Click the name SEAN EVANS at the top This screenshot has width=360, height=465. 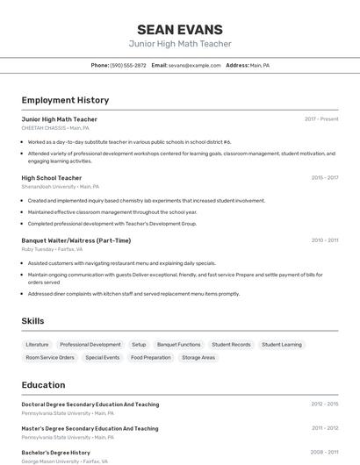(x=180, y=29)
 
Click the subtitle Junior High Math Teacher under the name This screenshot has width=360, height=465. (x=180, y=44)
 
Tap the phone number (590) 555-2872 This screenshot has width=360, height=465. (x=128, y=65)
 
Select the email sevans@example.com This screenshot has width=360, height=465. (x=195, y=65)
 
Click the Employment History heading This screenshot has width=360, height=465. (x=65, y=100)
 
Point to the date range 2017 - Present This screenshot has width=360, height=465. (x=321, y=118)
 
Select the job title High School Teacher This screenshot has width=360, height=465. (x=52, y=178)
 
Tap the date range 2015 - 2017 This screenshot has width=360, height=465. (x=324, y=177)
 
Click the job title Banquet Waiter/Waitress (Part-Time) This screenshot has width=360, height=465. (x=76, y=240)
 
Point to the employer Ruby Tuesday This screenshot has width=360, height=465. (x=39, y=249)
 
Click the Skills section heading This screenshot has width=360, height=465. (x=32, y=321)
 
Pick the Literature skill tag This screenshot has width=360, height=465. (x=38, y=345)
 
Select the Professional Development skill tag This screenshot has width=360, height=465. (x=90, y=345)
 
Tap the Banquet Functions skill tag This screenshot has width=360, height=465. (x=179, y=345)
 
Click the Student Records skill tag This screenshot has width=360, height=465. (x=231, y=345)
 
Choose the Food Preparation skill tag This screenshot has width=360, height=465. (x=151, y=358)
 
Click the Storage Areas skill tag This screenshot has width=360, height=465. (x=198, y=358)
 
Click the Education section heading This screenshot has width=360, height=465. (x=43, y=384)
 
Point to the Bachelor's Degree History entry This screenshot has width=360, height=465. (x=56, y=453)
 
